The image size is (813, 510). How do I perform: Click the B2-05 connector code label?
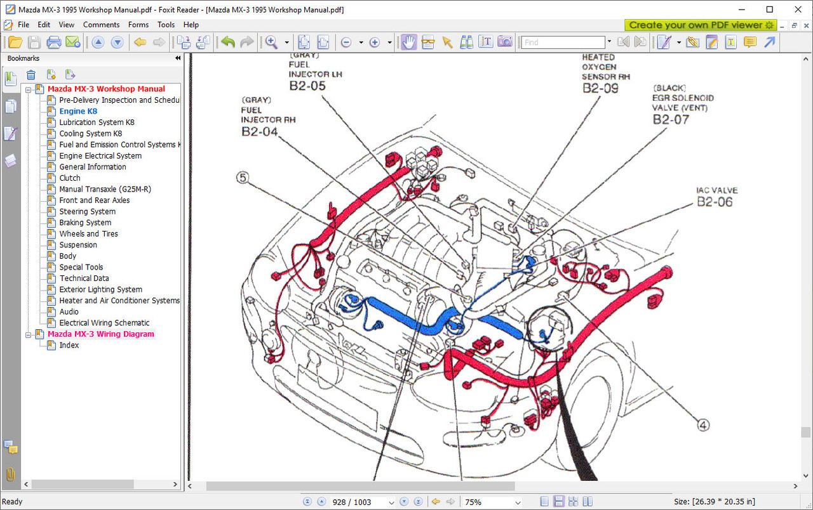point(307,86)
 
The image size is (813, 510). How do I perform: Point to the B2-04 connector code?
point(260,131)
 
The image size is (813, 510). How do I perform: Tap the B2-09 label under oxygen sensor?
point(600,88)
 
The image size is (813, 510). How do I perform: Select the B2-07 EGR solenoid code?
point(671,119)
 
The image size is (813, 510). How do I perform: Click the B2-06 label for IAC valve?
point(715,202)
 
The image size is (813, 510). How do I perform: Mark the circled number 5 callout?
point(243,178)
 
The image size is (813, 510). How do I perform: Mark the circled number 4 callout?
point(703,425)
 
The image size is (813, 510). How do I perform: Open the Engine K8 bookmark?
point(78,111)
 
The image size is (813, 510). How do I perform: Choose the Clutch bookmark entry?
point(70,178)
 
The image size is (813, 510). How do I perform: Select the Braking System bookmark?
point(85,223)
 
